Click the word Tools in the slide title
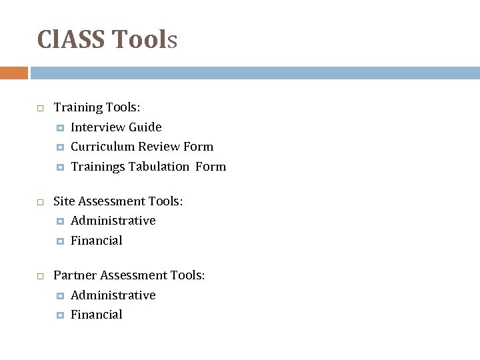[x=144, y=40]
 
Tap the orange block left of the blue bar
[x=13, y=73]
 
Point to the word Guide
[x=145, y=127]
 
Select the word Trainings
[x=98, y=167]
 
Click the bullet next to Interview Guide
[x=60, y=127]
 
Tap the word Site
[x=63, y=201]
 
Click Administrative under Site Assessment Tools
[x=113, y=221]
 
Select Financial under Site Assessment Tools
[x=96, y=241]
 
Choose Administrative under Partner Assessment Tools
[x=113, y=295]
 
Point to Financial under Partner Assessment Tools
[x=96, y=315]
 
